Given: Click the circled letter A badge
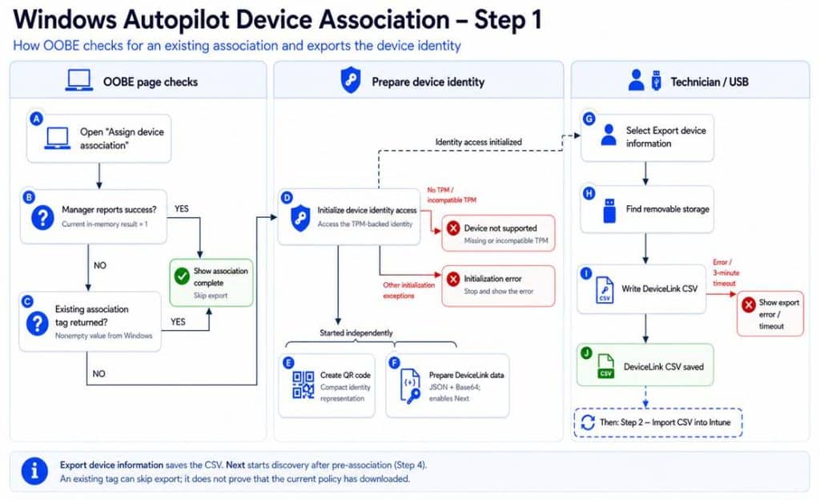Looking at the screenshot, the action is (x=36, y=119).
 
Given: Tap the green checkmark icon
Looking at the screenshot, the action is (x=182, y=276).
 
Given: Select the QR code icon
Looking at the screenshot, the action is (x=303, y=385).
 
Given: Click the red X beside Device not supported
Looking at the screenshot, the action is (x=453, y=228).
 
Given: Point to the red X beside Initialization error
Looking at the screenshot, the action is (x=453, y=279).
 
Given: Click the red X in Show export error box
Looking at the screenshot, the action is (x=749, y=304).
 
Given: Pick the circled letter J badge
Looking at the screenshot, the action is (x=586, y=353).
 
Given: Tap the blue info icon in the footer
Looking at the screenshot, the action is (x=34, y=470).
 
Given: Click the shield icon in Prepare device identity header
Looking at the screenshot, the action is (x=351, y=80).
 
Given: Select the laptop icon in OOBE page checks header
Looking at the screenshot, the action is (x=79, y=81).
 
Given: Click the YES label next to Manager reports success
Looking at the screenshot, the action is (x=182, y=208).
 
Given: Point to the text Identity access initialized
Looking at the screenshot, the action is (x=479, y=142).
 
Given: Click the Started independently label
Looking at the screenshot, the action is (x=356, y=333).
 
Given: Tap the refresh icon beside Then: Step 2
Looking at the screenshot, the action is (x=588, y=422).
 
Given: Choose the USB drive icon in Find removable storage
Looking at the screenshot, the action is (x=609, y=211).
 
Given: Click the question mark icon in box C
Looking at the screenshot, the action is (x=37, y=324).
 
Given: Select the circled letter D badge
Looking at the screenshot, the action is (x=287, y=197).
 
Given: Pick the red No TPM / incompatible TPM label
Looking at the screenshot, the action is (x=452, y=195).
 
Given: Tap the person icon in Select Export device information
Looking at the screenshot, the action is (x=609, y=135).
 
